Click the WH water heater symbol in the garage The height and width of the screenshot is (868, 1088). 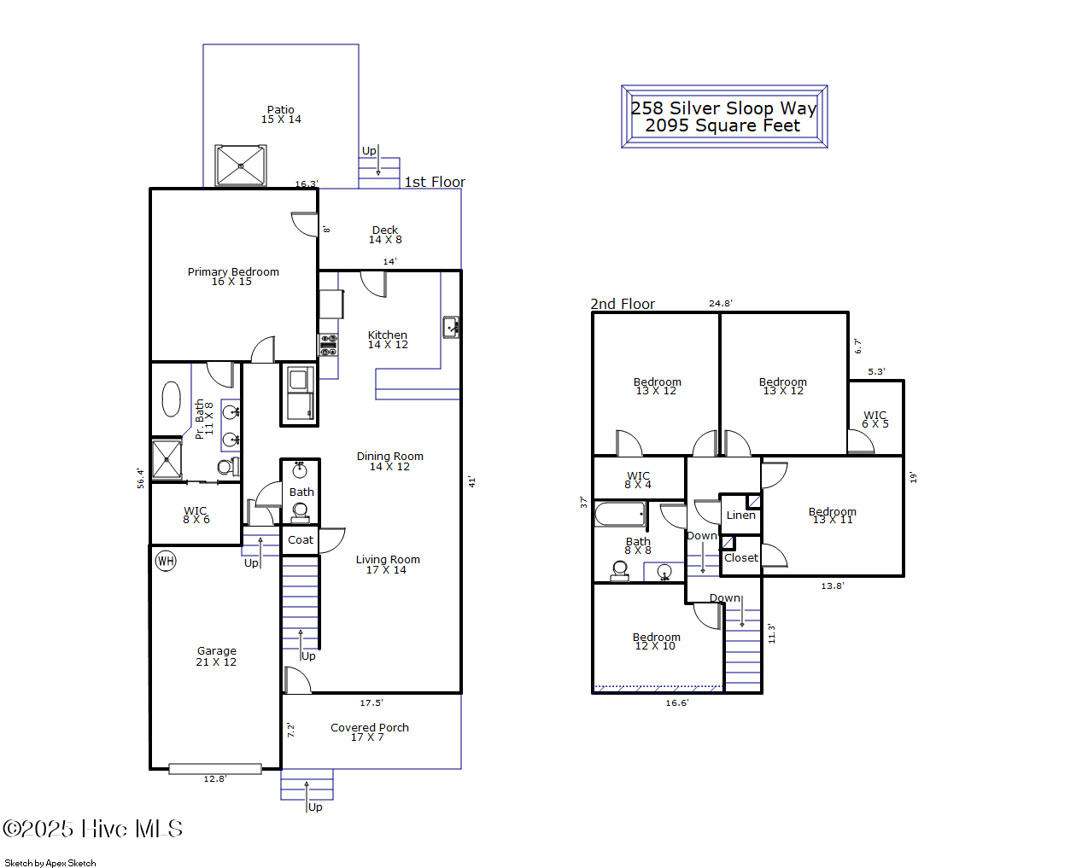[166, 561]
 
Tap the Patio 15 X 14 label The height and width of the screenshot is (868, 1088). [281, 114]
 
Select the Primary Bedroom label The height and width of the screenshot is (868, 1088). [233, 277]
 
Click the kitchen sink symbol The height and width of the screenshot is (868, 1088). [451, 327]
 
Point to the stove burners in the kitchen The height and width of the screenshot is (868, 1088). [328, 345]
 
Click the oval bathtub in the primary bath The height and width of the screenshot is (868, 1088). [172, 399]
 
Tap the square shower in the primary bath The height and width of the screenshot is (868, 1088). [167, 459]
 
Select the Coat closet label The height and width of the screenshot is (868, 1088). [301, 540]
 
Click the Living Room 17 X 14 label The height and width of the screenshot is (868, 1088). [388, 564]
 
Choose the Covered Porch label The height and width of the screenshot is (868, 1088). [369, 731]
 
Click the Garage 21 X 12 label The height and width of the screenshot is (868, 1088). [216, 655]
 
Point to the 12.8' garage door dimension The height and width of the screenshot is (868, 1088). [214, 778]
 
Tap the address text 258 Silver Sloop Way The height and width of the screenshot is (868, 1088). [723, 108]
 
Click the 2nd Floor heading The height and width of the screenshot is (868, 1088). [623, 304]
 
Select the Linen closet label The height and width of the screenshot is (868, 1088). [740, 516]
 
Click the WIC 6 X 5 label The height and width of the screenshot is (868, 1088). [874, 419]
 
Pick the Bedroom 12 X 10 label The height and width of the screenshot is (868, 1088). [656, 641]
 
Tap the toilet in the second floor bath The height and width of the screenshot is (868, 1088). [620, 570]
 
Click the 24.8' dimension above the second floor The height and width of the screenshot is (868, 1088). [720, 303]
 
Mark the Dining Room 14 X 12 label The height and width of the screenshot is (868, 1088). [389, 461]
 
